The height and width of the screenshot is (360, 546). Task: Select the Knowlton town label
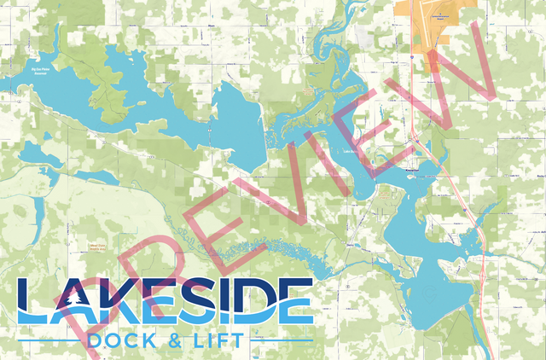coord(415,168)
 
